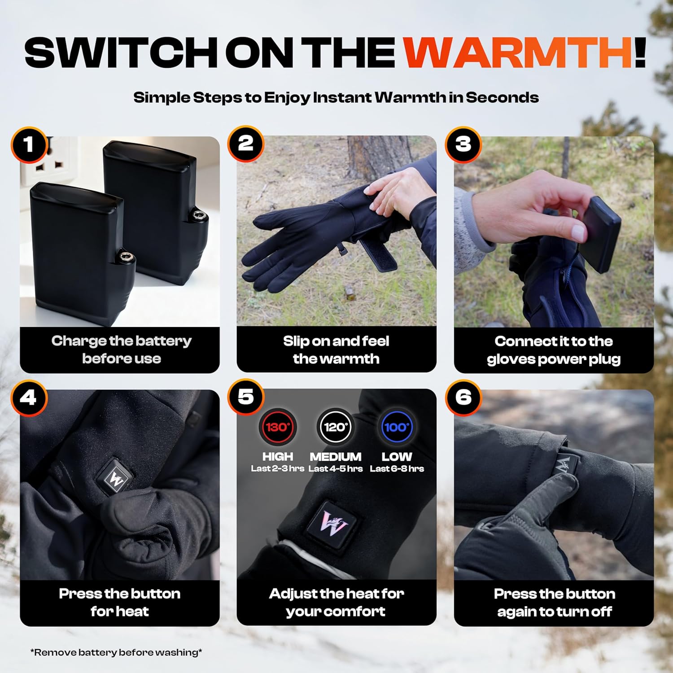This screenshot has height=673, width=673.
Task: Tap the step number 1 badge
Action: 29,144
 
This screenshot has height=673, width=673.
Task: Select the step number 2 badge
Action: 245,144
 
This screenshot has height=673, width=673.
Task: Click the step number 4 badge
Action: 29,398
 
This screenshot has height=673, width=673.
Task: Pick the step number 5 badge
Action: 245,397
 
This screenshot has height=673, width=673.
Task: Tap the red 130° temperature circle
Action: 278,427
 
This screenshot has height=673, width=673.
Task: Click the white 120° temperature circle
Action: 336,427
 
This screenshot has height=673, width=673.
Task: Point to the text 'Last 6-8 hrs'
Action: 397,469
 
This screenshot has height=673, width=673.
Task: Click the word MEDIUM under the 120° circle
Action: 336,457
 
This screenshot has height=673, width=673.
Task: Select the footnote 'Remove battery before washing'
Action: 116,652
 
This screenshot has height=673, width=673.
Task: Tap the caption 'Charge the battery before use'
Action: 121,350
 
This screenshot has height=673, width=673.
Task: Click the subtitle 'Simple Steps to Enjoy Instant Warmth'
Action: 336,97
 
